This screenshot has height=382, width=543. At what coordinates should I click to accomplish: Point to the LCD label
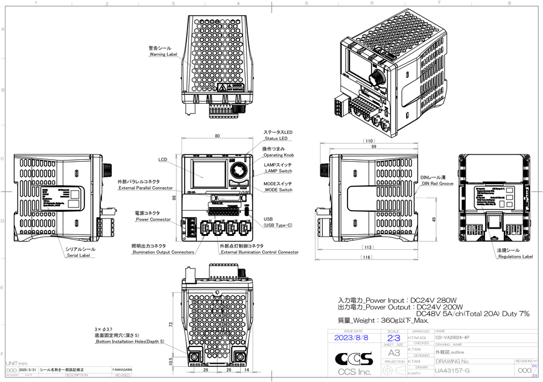[162, 160]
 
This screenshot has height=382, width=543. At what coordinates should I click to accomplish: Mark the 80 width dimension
[217, 136]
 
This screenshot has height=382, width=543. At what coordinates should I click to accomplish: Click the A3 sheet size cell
[393, 352]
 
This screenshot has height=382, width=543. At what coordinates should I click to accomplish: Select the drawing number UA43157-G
[453, 371]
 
